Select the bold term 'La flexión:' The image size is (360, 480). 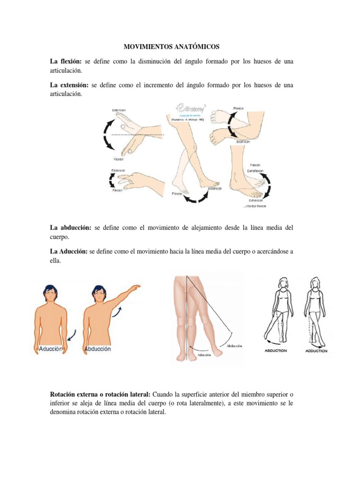click(66, 61)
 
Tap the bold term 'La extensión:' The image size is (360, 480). click(69, 85)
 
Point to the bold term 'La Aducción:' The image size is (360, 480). click(69, 251)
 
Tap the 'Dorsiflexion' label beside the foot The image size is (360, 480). click(255, 171)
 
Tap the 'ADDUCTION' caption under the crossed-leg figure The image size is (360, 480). click(316, 350)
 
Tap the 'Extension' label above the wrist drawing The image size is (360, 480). click(119, 110)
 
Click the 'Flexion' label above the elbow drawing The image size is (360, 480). click(239, 108)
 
